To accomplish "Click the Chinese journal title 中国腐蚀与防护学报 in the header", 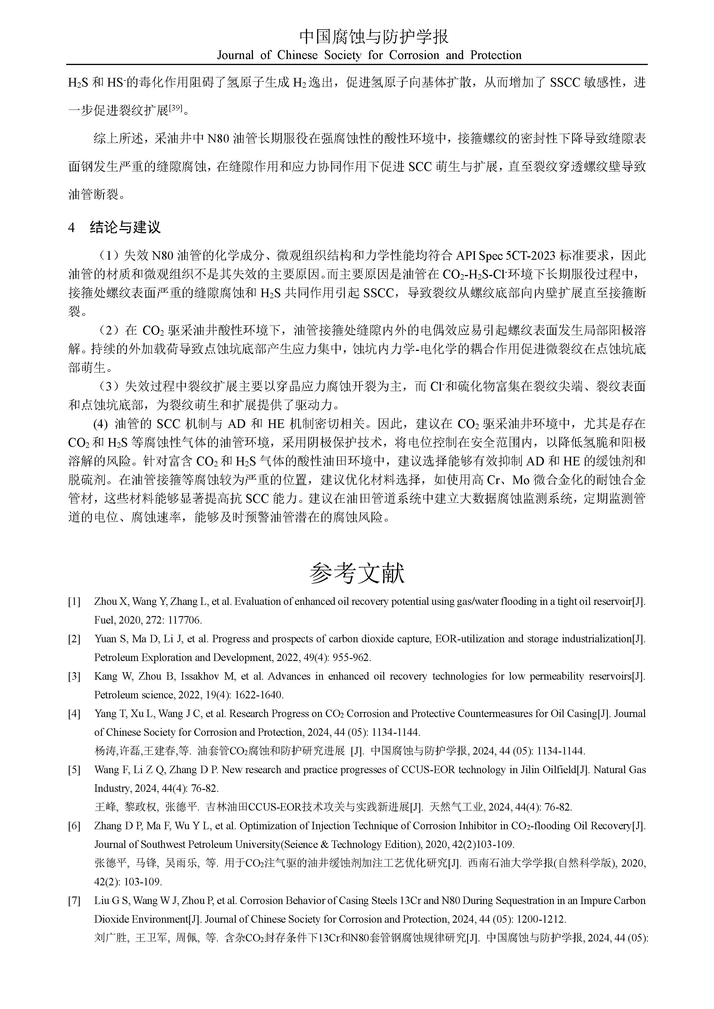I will point(374,37).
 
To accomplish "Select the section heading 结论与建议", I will point(125,227).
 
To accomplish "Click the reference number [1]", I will point(74,602).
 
